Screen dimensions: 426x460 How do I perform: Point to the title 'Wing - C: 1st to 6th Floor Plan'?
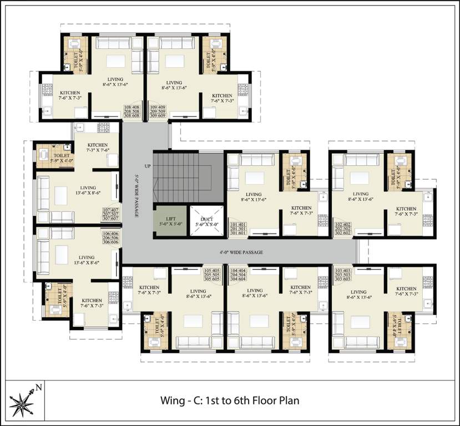point(230,400)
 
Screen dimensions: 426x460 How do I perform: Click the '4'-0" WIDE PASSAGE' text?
point(240,252)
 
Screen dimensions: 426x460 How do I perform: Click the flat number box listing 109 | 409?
point(158,111)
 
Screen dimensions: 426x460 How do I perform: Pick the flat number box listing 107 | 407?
point(110,214)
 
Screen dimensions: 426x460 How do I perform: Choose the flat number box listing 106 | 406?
point(110,238)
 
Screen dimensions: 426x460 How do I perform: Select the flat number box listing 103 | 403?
point(342,275)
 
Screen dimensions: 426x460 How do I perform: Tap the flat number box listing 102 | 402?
point(342,228)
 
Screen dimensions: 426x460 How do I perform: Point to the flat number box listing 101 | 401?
point(238,228)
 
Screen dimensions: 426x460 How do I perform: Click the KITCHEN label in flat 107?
point(97,148)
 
